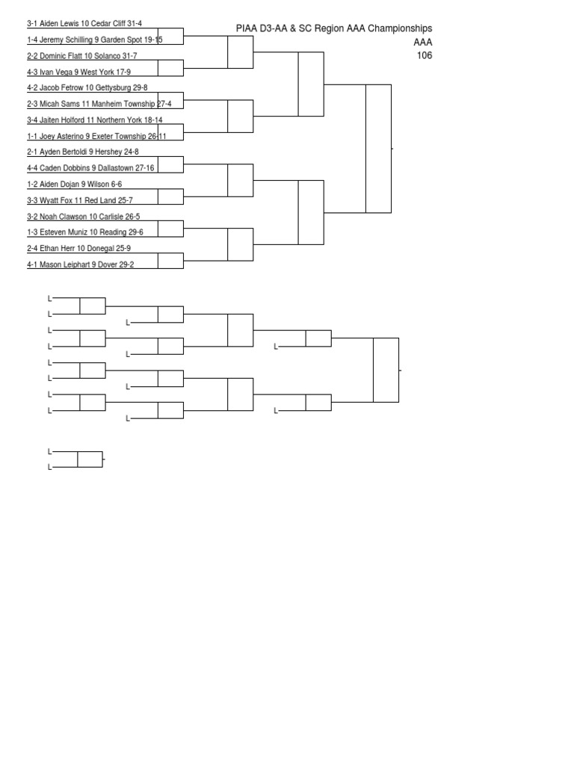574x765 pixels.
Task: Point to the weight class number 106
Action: coord(425,55)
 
